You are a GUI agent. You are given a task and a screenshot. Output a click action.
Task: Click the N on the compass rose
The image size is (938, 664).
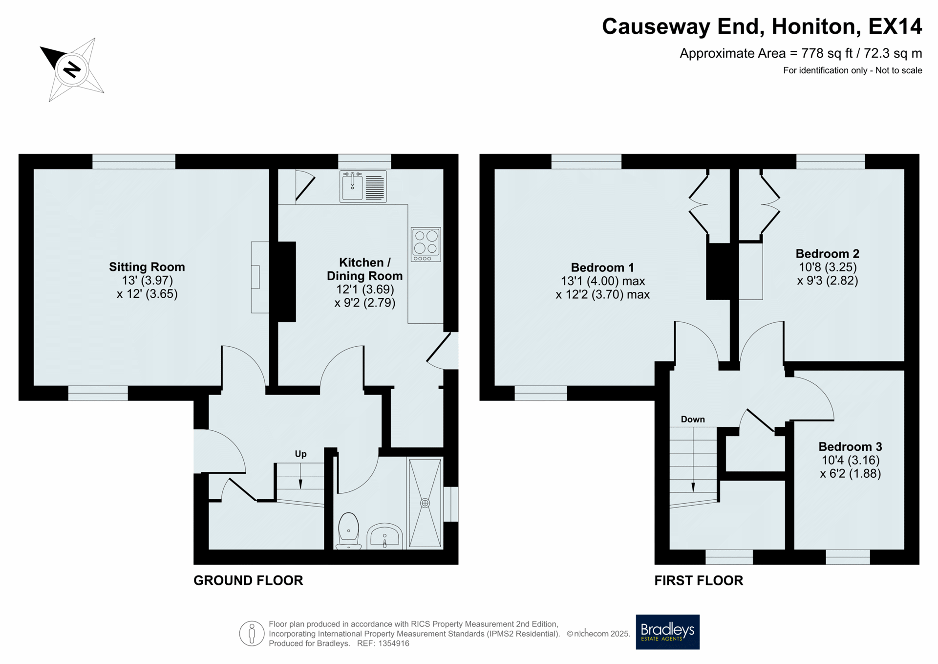72,69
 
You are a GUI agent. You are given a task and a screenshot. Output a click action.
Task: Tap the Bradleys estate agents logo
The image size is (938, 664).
667,632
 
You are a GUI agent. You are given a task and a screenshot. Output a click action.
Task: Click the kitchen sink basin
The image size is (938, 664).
352,186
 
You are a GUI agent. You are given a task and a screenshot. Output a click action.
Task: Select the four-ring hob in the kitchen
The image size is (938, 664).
426,244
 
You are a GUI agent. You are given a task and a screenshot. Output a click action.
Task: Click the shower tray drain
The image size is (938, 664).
425,503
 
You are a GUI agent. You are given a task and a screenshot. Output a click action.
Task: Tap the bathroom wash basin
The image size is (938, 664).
384,536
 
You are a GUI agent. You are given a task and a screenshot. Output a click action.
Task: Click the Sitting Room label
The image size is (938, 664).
147,267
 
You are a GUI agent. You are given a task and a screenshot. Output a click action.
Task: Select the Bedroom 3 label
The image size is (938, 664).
850,446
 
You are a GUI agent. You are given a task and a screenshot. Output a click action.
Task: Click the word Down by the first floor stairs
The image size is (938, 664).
693,419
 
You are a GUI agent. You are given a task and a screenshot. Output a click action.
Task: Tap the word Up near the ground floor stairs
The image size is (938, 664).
300,454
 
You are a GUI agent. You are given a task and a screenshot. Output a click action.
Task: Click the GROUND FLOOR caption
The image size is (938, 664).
248,580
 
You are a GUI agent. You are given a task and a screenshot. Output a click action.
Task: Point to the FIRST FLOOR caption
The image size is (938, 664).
699,580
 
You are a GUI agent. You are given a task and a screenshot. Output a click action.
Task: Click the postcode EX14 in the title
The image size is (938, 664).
895,26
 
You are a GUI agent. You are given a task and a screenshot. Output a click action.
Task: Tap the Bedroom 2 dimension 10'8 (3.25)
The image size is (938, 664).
828,267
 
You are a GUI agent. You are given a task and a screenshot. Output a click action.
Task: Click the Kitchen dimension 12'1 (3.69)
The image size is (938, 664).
365,289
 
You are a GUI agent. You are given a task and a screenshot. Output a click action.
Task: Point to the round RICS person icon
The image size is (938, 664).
252,634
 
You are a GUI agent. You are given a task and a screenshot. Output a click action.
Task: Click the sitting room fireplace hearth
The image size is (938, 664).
260,277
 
